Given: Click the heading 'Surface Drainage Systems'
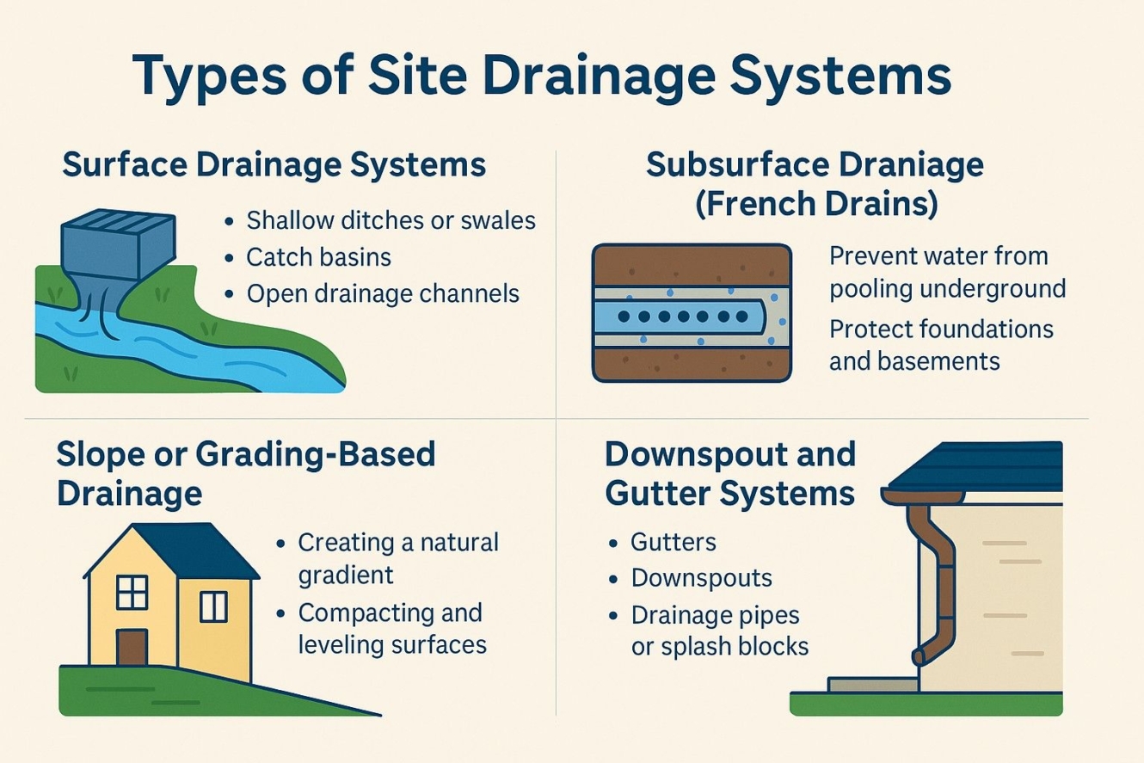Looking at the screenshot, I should (x=274, y=164).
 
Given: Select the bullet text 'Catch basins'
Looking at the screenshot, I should (x=318, y=257).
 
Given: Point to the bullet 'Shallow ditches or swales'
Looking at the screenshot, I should (x=391, y=220).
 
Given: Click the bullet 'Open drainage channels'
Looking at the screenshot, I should (x=383, y=294).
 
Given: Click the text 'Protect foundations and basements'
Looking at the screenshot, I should (x=941, y=344).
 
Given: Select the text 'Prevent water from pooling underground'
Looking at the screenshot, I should (x=947, y=272).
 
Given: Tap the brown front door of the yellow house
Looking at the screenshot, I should (x=132, y=647).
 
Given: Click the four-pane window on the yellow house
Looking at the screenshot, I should (x=132, y=593).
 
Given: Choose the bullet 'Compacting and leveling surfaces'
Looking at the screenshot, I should (x=391, y=629).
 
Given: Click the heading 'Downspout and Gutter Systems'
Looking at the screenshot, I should (x=730, y=473).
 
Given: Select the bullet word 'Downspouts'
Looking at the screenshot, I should (x=701, y=578).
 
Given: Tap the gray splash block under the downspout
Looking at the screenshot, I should (x=871, y=685).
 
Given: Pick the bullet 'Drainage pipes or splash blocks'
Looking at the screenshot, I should (x=719, y=631).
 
